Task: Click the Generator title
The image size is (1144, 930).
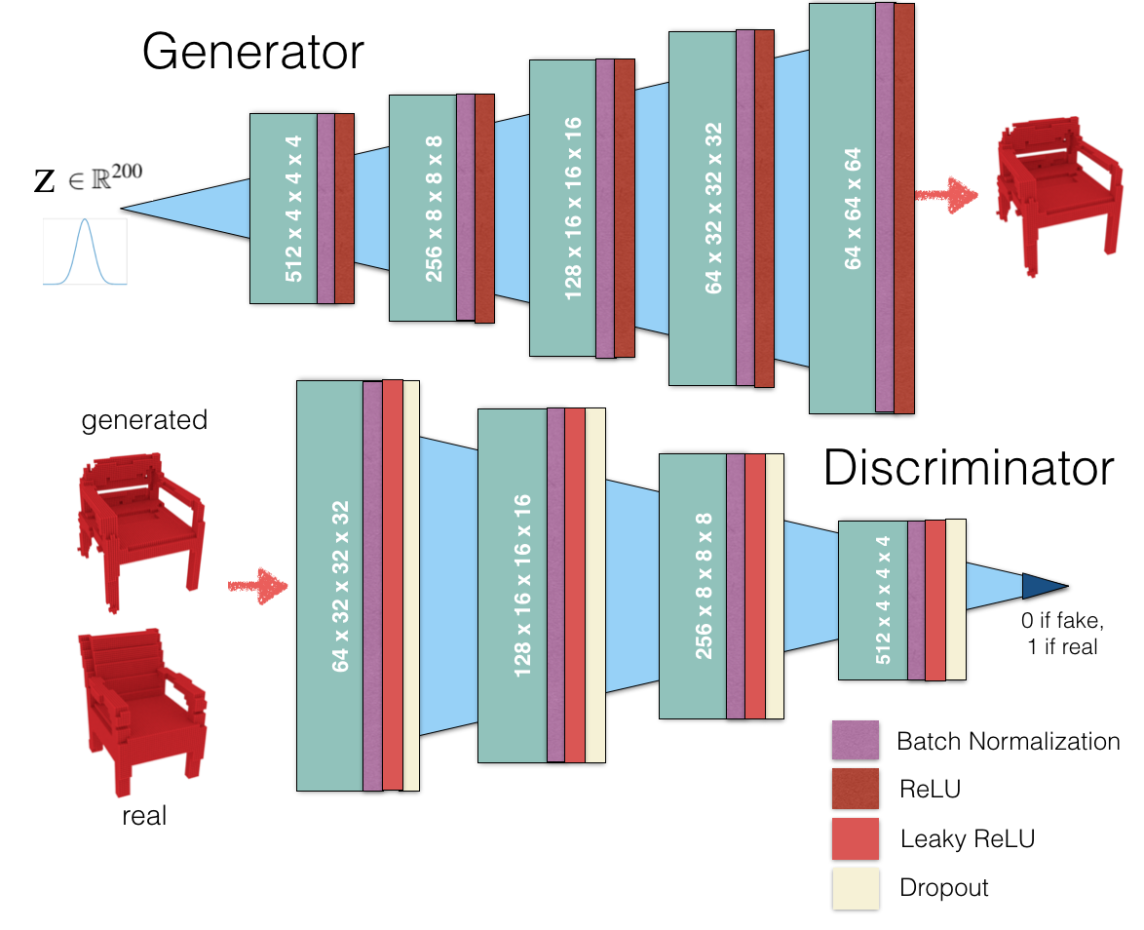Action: coord(252,53)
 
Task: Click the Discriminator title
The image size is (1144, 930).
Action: coord(969,467)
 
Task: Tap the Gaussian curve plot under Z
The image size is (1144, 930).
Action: coord(85,252)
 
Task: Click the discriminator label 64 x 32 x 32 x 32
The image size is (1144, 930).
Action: coord(340,586)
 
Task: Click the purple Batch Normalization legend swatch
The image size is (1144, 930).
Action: coord(856,740)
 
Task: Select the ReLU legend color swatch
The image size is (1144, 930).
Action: coord(856,789)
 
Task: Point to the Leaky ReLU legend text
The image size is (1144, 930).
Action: coord(968,838)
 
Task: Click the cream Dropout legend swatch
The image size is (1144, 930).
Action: coord(856,888)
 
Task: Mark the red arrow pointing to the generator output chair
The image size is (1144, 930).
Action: coord(946,195)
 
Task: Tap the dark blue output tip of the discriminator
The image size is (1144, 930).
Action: coord(1045,586)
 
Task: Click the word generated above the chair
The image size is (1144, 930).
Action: coord(144,420)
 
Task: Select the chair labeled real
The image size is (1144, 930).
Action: coord(142,712)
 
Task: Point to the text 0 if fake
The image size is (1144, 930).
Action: coord(1062,620)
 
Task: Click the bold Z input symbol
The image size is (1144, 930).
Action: coord(44,181)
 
